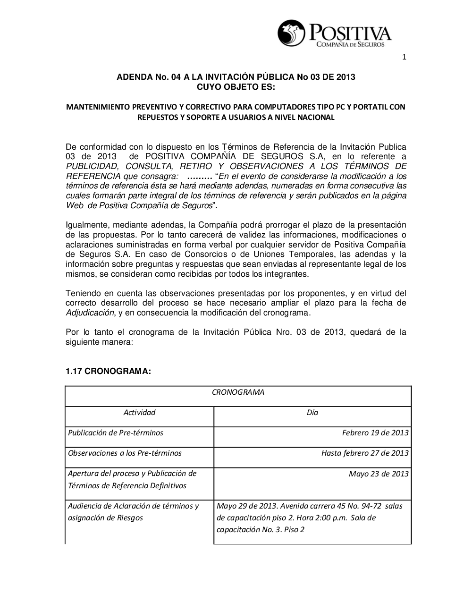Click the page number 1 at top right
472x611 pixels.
click(x=404, y=58)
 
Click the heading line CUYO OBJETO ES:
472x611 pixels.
click(x=236, y=87)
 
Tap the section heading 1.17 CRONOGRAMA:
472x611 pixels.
click(x=108, y=372)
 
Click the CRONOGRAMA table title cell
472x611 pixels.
click(x=238, y=392)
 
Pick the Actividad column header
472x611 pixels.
click(x=139, y=413)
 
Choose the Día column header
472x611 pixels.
click(x=312, y=413)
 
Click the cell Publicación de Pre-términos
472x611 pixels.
click(x=116, y=433)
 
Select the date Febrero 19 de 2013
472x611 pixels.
click(x=375, y=433)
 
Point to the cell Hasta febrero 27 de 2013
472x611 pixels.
click(x=365, y=453)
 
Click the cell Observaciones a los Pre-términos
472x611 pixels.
click(x=125, y=453)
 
